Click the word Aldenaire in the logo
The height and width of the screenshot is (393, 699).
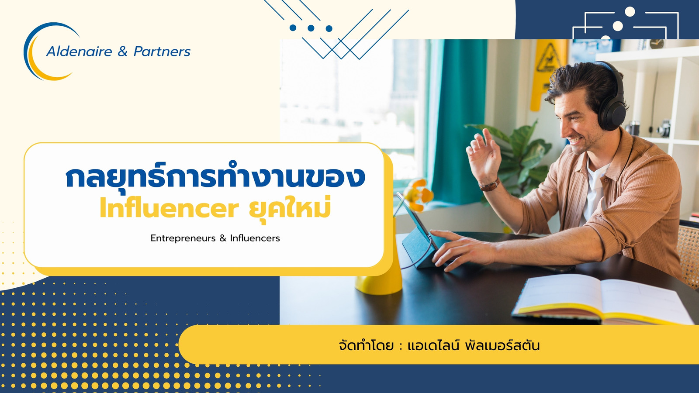(79, 52)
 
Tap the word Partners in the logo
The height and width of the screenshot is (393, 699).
(162, 52)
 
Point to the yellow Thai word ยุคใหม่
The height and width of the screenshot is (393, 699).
(290, 207)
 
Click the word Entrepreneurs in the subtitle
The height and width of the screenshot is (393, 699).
(183, 238)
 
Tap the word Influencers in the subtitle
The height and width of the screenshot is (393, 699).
(255, 238)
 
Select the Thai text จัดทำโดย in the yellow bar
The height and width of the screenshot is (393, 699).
(366, 345)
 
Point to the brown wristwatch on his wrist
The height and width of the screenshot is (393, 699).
(489, 185)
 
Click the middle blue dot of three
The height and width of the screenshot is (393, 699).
(311, 28)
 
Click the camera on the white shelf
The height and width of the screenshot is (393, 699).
(663, 128)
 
